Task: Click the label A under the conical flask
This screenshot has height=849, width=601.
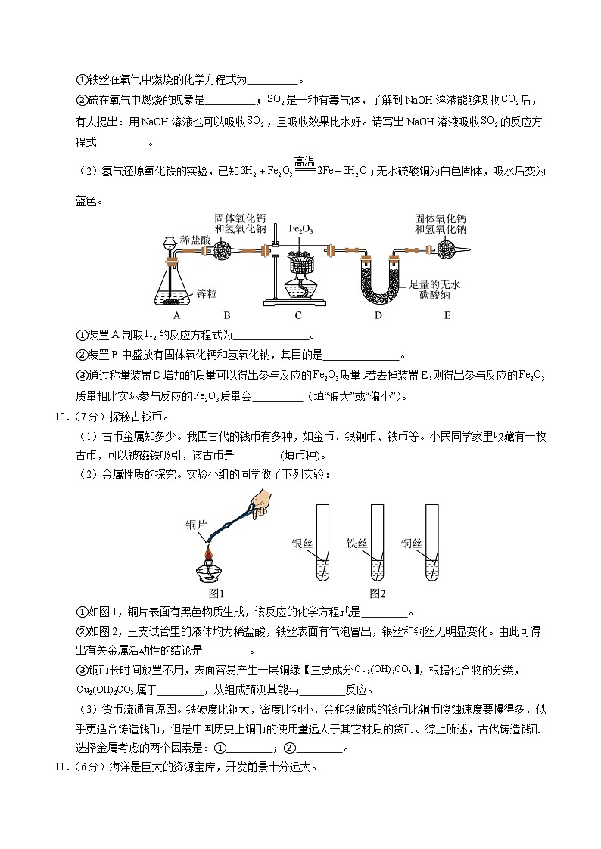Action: pyautogui.click(x=176, y=315)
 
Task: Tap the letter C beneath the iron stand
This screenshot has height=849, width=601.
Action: pyautogui.click(x=298, y=315)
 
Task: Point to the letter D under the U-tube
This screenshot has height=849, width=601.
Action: pyautogui.click(x=378, y=315)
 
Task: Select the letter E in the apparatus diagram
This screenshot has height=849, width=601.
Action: pyautogui.click(x=447, y=315)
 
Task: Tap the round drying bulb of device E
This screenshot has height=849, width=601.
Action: pyautogui.click(x=441, y=249)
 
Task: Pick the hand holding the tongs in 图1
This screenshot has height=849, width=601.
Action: pyautogui.click(x=258, y=501)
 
